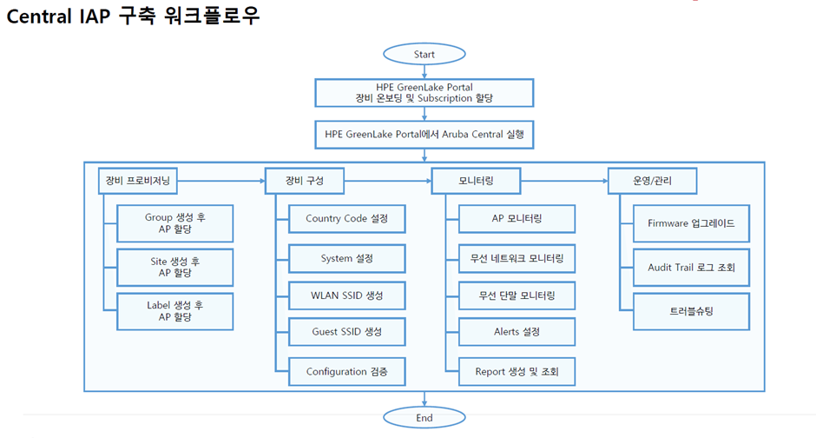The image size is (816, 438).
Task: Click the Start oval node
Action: [424, 54]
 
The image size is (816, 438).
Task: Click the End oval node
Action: [424, 417]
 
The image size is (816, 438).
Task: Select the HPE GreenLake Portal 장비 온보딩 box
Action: [424, 92]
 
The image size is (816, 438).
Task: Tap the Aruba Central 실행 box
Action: [424, 135]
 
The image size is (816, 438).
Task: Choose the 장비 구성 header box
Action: [305, 181]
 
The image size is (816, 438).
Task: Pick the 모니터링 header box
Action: [476, 181]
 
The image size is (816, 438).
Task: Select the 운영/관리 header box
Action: [652, 181]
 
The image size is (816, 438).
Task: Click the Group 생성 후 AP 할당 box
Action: [175, 223]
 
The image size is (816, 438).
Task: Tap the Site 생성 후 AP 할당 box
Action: [175, 266]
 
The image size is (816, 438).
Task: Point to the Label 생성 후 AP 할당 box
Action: [175, 311]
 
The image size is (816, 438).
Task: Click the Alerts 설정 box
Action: [517, 332]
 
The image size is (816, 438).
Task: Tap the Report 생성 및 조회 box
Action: [517, 371]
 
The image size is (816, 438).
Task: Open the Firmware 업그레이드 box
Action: [691, 223]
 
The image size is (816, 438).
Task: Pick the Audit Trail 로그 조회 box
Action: [691, 268]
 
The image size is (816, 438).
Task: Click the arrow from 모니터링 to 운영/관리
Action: [563, 181]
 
